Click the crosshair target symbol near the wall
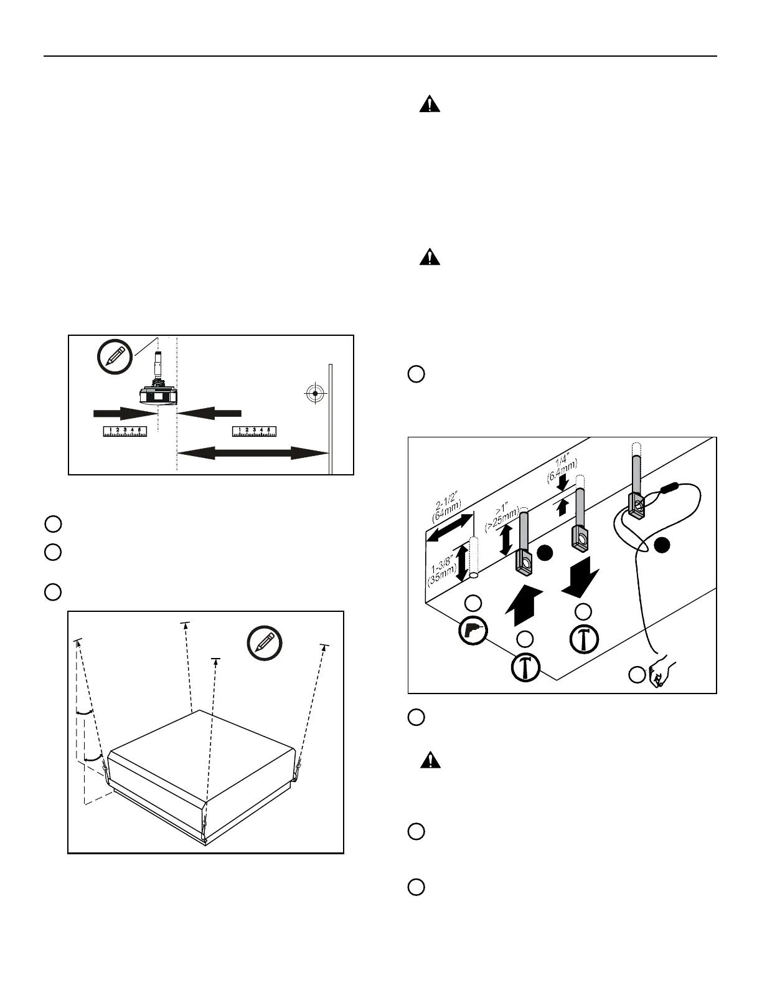tap(316, 393)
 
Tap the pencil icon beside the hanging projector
tap(115, 357)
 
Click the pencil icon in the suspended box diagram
tap(265, 644)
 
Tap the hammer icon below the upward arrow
tap(525, 668)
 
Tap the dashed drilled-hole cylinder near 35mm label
tap(474, 556)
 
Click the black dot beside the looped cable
tap(662, 545)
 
